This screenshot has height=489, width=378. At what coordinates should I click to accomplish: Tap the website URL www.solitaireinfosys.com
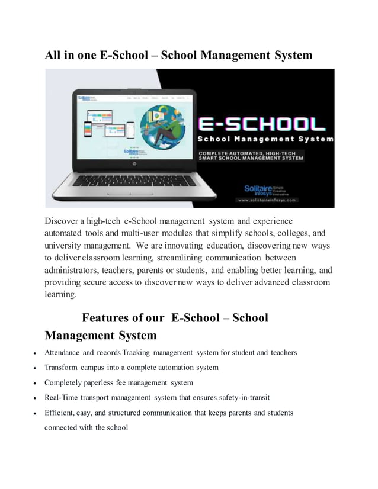pos(267,200)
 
